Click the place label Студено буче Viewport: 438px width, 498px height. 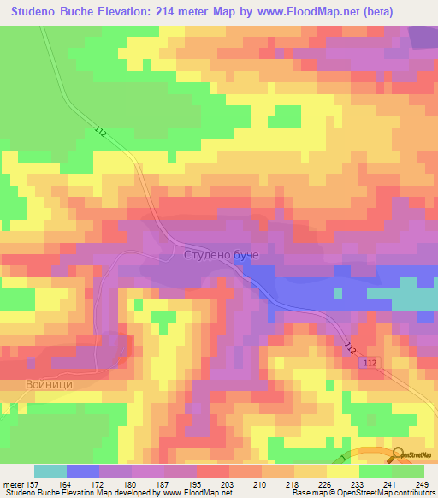coord(221,255)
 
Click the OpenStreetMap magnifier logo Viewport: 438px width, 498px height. coord(398,454)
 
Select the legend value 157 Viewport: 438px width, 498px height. coord(34,483)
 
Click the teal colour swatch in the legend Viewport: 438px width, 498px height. coord(50,471)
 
